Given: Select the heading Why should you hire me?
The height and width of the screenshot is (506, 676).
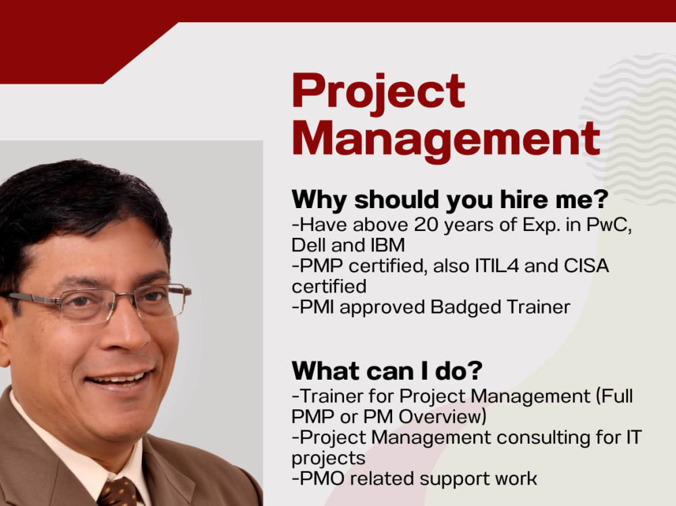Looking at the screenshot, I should [x=449, y=200].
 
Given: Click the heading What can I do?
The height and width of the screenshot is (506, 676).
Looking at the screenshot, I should [x=387, y=371].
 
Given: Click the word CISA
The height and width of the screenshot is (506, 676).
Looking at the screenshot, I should [x=585, y=266].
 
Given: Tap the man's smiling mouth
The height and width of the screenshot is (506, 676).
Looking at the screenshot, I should [x=122, y=380].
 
